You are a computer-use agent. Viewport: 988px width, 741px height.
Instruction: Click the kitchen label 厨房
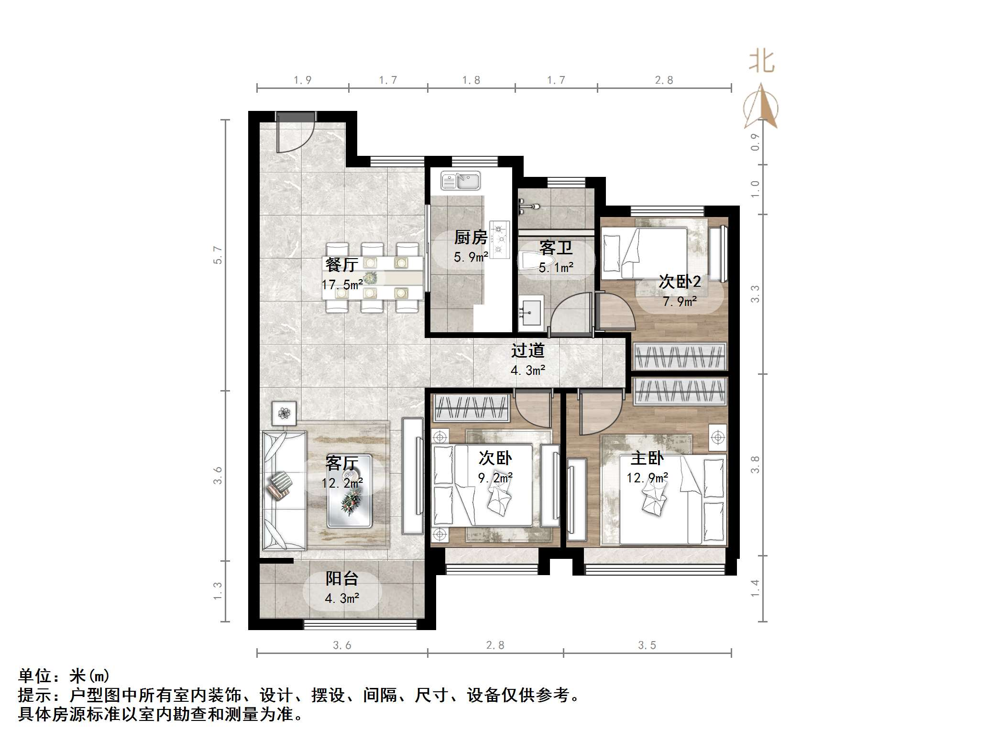pyautogui.click(x=471, y=237)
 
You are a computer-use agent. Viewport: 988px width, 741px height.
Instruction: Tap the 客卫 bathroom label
pyautogui.click(x=556, y=248)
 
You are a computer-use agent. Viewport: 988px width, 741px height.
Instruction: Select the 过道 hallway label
pyautogui.click(x=527, y=350)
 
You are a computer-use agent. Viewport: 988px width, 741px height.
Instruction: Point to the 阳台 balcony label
pyautogui.click(x=342, y=579)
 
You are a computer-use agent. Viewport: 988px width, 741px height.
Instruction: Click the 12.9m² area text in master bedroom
pyautogui.click(x=647, y=478)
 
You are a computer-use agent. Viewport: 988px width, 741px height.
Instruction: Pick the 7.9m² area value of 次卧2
pyautogui.click(x=680, y=302)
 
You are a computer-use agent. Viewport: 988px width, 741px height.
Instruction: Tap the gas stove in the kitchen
pyautogui.click(x=500, y=239)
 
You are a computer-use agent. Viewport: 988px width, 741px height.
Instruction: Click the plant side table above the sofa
pyautogui.click(x=284, y=413)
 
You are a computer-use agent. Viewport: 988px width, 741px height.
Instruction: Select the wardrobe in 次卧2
pyautogui.click(x=679, y=356)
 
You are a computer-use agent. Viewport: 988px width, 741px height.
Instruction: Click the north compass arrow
pyautogui.click(x=761, y=108)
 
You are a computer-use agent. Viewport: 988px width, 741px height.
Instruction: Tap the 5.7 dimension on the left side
pyautogui.click(x=218, y=255)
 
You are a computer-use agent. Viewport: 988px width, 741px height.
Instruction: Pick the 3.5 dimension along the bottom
pyautogui.click(x=647, y=645)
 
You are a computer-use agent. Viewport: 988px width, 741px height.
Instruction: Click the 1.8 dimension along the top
pyautogui.click(x=471, y=80)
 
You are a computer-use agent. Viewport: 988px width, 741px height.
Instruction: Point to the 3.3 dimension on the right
pyautogui.click(x=755, y=294)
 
